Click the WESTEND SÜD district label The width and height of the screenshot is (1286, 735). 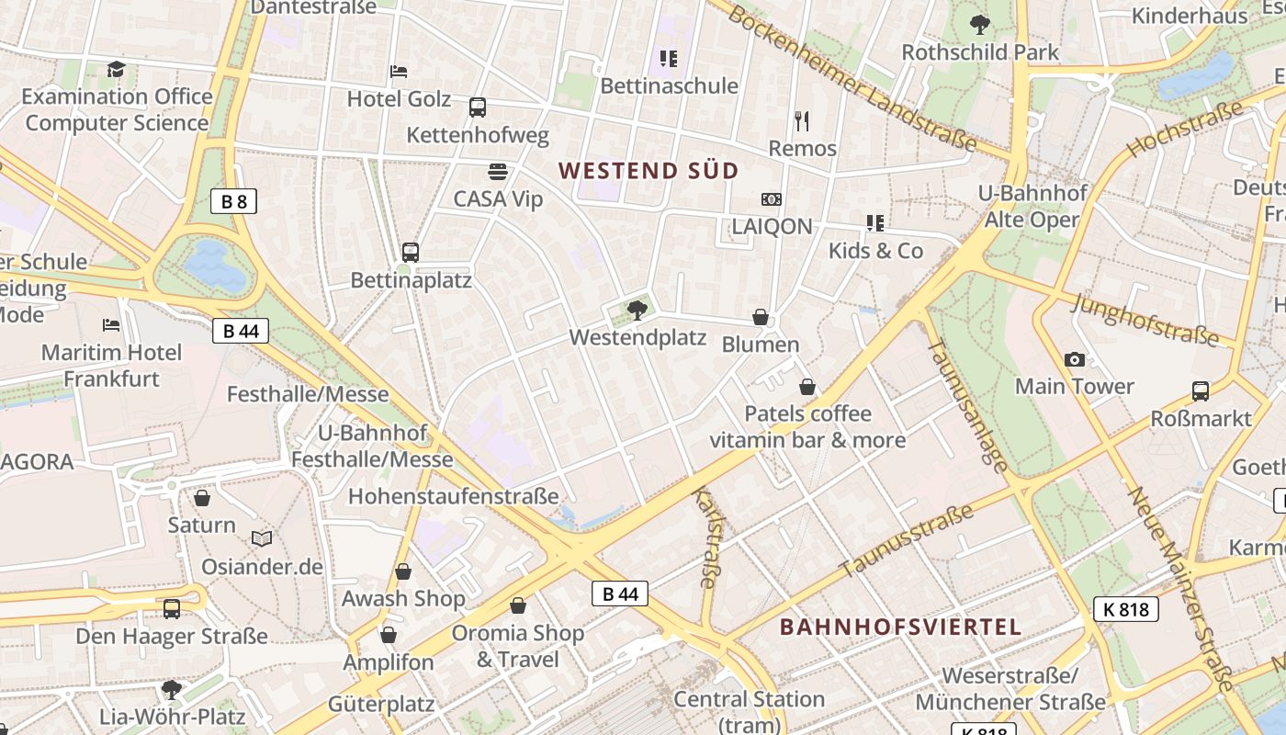click(x=649, y=170)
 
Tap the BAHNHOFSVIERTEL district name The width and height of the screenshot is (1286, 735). click(x=900, y=627)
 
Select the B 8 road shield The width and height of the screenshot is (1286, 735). click(x=233, y=201)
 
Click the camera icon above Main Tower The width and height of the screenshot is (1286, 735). click(x=1074, y=359)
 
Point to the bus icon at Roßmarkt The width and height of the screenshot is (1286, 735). click(x=1200, y=391)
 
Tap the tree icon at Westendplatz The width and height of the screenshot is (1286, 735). click(x=637, y=311)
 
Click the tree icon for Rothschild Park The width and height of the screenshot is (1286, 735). click(x=980, y=25)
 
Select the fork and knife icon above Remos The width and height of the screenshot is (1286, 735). click(x=802, y=120)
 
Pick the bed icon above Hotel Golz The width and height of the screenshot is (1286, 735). click(x=399, y=71)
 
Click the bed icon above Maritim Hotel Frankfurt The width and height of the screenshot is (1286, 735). click(x=111, y=325)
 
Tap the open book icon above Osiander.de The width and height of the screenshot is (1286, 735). click(x=262, y=539)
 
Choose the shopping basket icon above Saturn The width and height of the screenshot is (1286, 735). click(x=202, y=498)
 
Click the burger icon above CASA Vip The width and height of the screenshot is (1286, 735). click(x=498, y=171)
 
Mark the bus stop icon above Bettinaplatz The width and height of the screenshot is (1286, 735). click(x=411, y=252)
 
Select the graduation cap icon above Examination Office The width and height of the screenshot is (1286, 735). click(x=116, y=70)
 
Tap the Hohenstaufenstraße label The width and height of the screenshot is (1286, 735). click(x=453, y=496)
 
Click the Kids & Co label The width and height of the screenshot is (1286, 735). click(x=875, y=251)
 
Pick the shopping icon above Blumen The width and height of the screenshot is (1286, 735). click(x=761, y=318)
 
